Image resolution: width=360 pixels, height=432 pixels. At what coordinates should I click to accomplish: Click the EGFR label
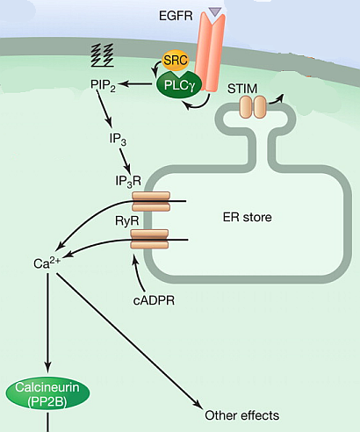coord(176,16)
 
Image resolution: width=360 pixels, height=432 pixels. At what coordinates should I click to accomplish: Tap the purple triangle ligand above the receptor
coord(215,11)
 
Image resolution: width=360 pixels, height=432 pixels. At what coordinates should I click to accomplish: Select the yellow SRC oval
coord(176,61)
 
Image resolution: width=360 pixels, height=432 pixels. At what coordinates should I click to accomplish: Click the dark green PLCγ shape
coord(179,85)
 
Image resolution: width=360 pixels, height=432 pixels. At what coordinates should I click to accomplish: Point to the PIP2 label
coord(103,85)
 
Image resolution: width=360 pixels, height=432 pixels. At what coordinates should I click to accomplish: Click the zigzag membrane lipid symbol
coord(102,55)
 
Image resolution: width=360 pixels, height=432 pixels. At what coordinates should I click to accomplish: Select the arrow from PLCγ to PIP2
coord(134,84)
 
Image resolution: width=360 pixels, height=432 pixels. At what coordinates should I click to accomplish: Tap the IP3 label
coord(118,139)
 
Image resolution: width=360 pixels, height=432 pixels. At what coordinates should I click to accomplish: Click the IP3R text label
coord(128,182)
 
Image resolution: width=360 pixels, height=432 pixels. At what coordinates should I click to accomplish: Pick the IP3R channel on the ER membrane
coord(151,201)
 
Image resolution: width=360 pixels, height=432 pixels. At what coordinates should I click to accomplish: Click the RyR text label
coord(126,220)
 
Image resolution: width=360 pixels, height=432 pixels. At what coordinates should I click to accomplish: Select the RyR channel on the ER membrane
coord(149,239)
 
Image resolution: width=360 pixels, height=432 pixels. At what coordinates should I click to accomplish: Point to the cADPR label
coord(154,300)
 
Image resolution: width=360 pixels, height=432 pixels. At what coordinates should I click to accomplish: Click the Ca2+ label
coord(47,263)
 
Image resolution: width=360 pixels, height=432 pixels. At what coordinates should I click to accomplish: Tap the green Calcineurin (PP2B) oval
coord(47,392)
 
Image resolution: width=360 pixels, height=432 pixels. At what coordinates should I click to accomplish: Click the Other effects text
coord(241,415)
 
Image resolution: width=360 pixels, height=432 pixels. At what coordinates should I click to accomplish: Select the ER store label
coord(247,217)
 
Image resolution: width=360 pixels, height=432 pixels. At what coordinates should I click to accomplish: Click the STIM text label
coord(242,89)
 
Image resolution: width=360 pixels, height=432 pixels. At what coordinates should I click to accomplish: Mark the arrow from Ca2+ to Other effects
coord(129,342)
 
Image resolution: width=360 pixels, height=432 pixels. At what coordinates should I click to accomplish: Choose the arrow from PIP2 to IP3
coord(104,109)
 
